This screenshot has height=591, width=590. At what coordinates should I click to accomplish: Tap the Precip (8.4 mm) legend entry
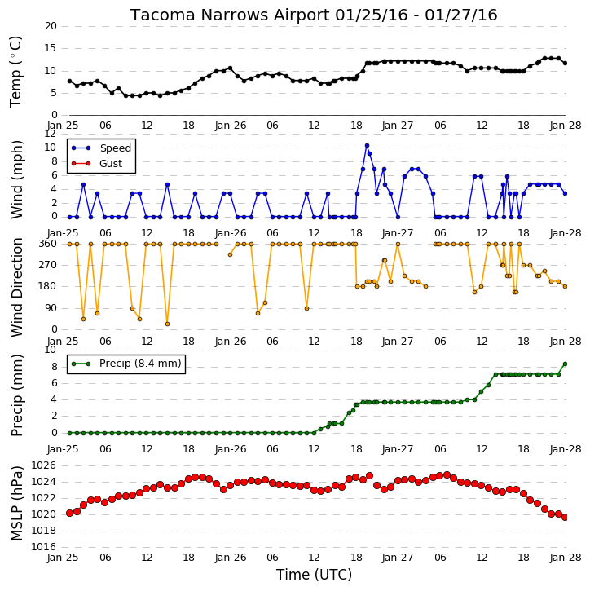(126, 364)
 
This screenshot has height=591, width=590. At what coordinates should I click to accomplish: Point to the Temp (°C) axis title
(15, 72)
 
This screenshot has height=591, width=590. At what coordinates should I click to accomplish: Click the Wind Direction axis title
(17, 287)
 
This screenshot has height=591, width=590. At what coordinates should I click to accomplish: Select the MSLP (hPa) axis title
(17, 503)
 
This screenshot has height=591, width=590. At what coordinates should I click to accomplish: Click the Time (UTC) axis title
(314, 575)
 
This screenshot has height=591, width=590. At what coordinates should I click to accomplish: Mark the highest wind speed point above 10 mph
(367, 145)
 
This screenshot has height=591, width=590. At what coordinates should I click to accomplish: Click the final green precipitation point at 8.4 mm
(565, 364)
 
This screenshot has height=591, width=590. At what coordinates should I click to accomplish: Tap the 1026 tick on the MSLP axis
(43, 465)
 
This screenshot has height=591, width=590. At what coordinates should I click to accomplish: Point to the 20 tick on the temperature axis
(51, 26)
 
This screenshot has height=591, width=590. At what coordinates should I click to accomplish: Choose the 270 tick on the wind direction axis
(47, 265)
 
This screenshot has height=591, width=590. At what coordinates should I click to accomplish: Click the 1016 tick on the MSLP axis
(43, 547)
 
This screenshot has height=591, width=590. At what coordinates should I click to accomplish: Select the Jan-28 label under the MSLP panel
(566, 558)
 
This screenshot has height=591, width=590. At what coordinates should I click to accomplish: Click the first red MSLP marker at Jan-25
(70, 513)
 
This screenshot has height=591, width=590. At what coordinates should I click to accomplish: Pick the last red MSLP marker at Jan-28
(565, 517)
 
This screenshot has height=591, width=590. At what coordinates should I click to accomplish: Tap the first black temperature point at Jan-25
(70, 81)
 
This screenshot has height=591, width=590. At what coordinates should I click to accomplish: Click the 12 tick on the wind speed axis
(51, 134)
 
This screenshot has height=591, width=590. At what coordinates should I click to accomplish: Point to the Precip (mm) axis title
(17, 395)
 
